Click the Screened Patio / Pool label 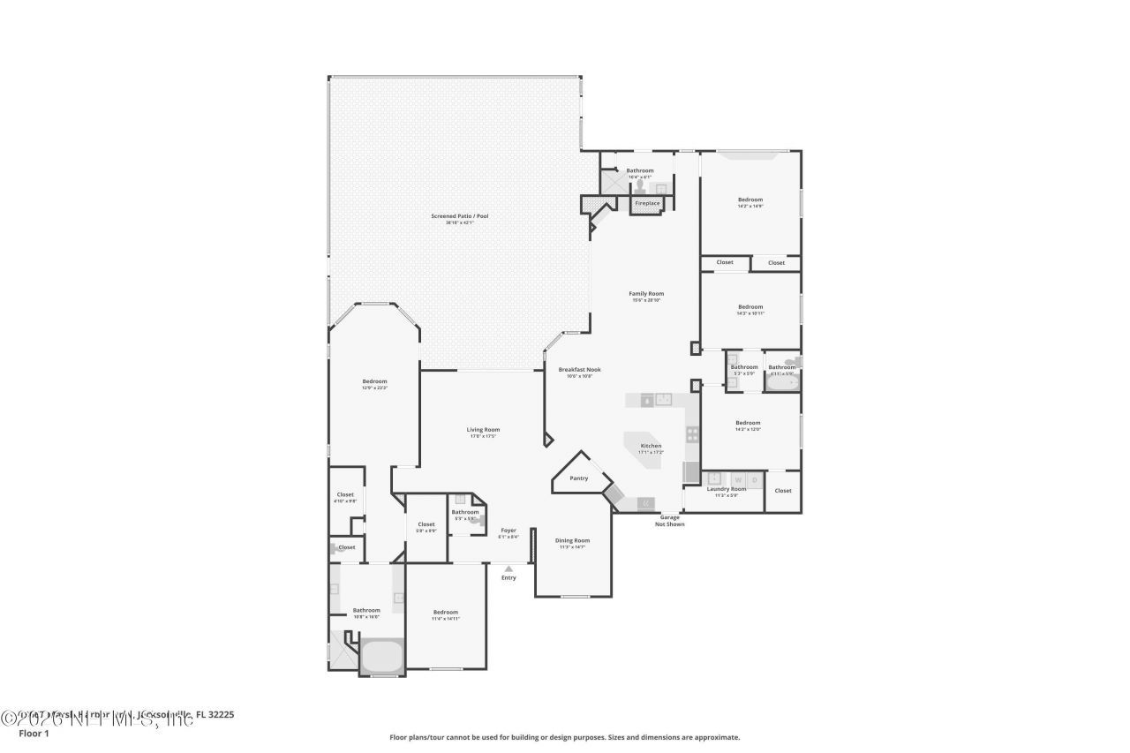pos(459,216)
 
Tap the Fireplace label pos(647,204)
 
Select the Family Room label pos(646,294)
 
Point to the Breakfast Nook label pos(578,370)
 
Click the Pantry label pos(578,478)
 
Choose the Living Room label pos(483,430)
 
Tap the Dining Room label pos(572,540)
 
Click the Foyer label pos(508,531)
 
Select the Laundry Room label pos(727,489)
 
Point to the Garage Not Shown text pos(669,521)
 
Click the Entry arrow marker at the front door pos(508,569)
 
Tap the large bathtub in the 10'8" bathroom pos(381,657)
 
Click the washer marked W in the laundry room pos(738,479)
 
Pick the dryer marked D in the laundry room pos(754,479)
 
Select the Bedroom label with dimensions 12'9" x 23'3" pos(374,381)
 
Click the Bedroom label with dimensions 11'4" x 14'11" pos(446,613)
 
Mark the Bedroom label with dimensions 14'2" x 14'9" pos(750,200)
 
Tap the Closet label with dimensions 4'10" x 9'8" pos(345,495)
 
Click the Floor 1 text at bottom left pos(34,732)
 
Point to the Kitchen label pos(651,446)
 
